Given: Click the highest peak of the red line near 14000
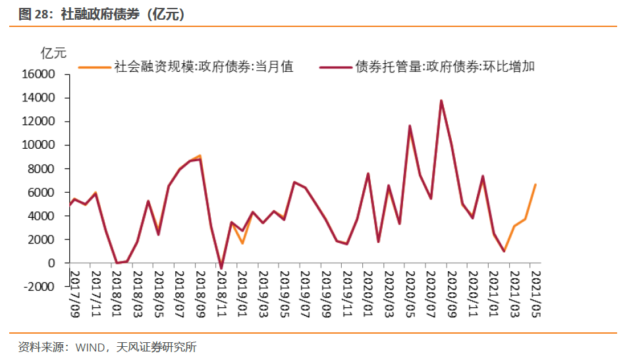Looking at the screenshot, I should pyautogui.click(x=441, y=101).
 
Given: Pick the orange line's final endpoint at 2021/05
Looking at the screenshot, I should pyautogui.click(x=535, y=184).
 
